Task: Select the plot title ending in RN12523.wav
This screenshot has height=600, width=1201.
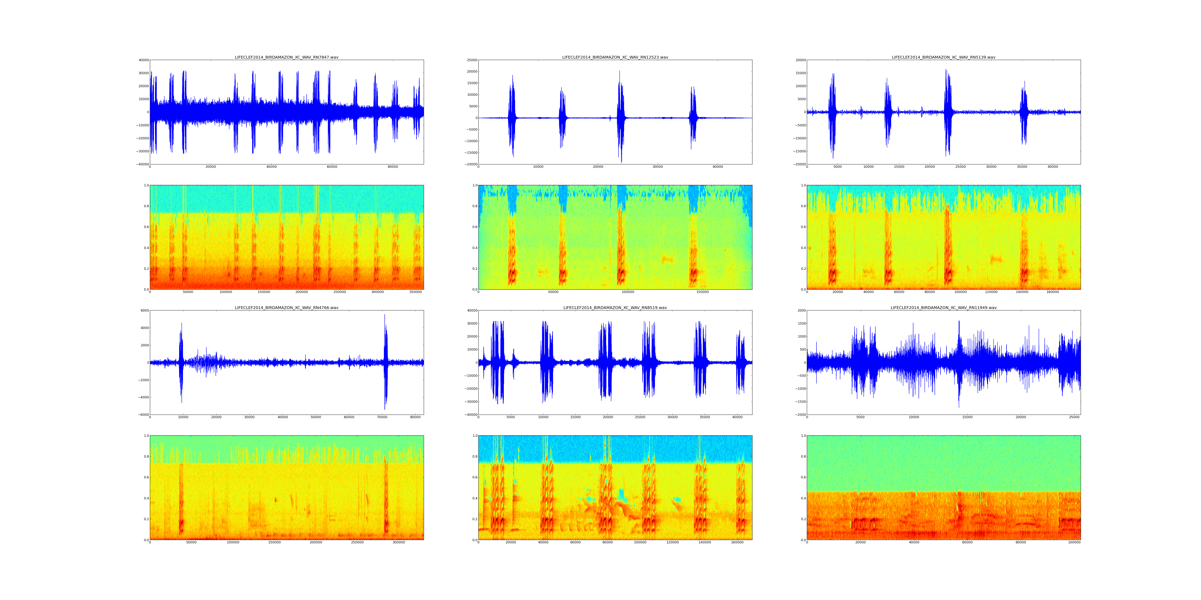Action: [615, 57]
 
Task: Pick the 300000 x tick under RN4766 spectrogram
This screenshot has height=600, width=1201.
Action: [399, 542]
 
